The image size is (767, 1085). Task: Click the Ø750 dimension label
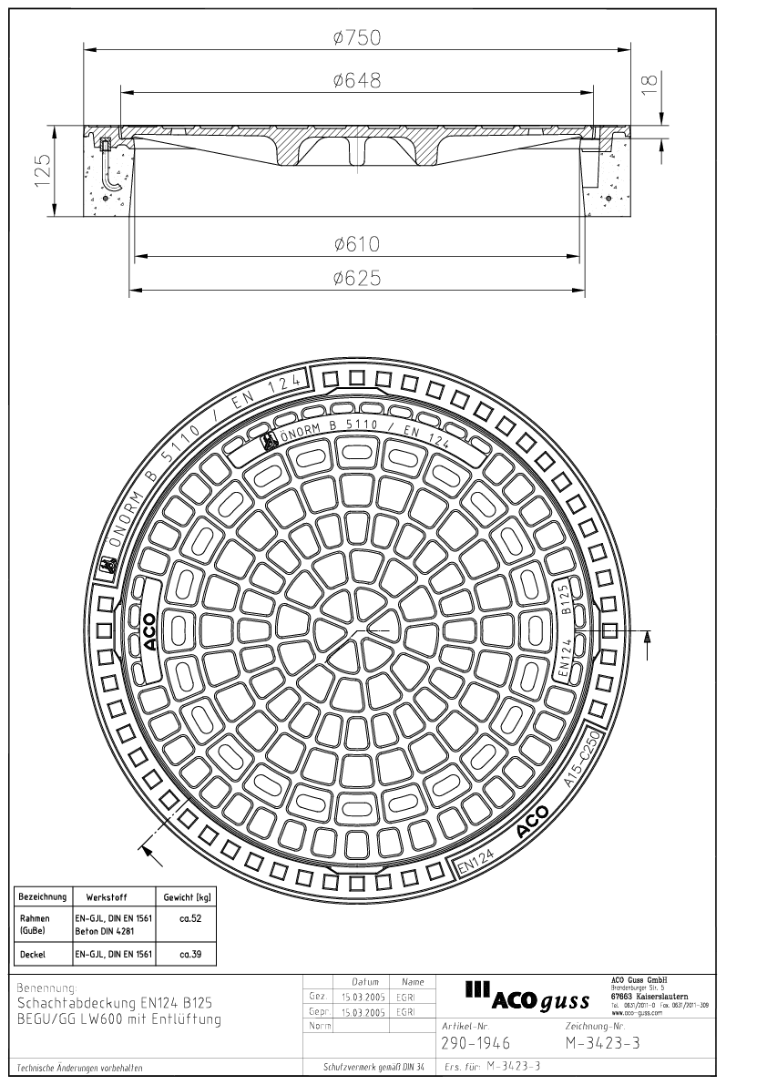pos(356,37)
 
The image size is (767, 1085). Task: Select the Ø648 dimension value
pos(356,81)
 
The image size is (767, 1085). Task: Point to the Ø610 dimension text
pos(356,244)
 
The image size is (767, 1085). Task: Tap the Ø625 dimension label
pos(356,278)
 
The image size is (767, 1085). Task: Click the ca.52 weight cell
pos(189,919)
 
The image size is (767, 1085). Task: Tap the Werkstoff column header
pos(112,896)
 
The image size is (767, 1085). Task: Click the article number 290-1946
pos(475,1043)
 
